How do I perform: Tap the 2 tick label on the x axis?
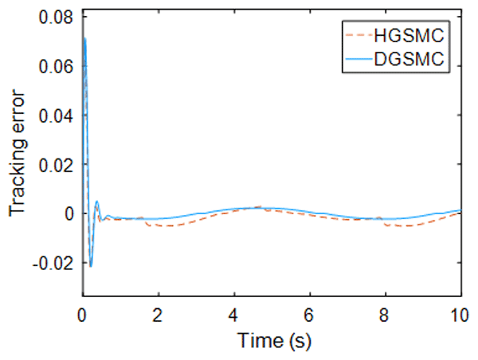[159, 313]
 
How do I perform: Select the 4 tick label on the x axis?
[234, 313]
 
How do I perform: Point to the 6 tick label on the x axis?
[309, 313]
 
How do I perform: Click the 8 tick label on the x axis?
[385, 313]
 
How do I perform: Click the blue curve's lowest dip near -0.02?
[91, 266]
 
